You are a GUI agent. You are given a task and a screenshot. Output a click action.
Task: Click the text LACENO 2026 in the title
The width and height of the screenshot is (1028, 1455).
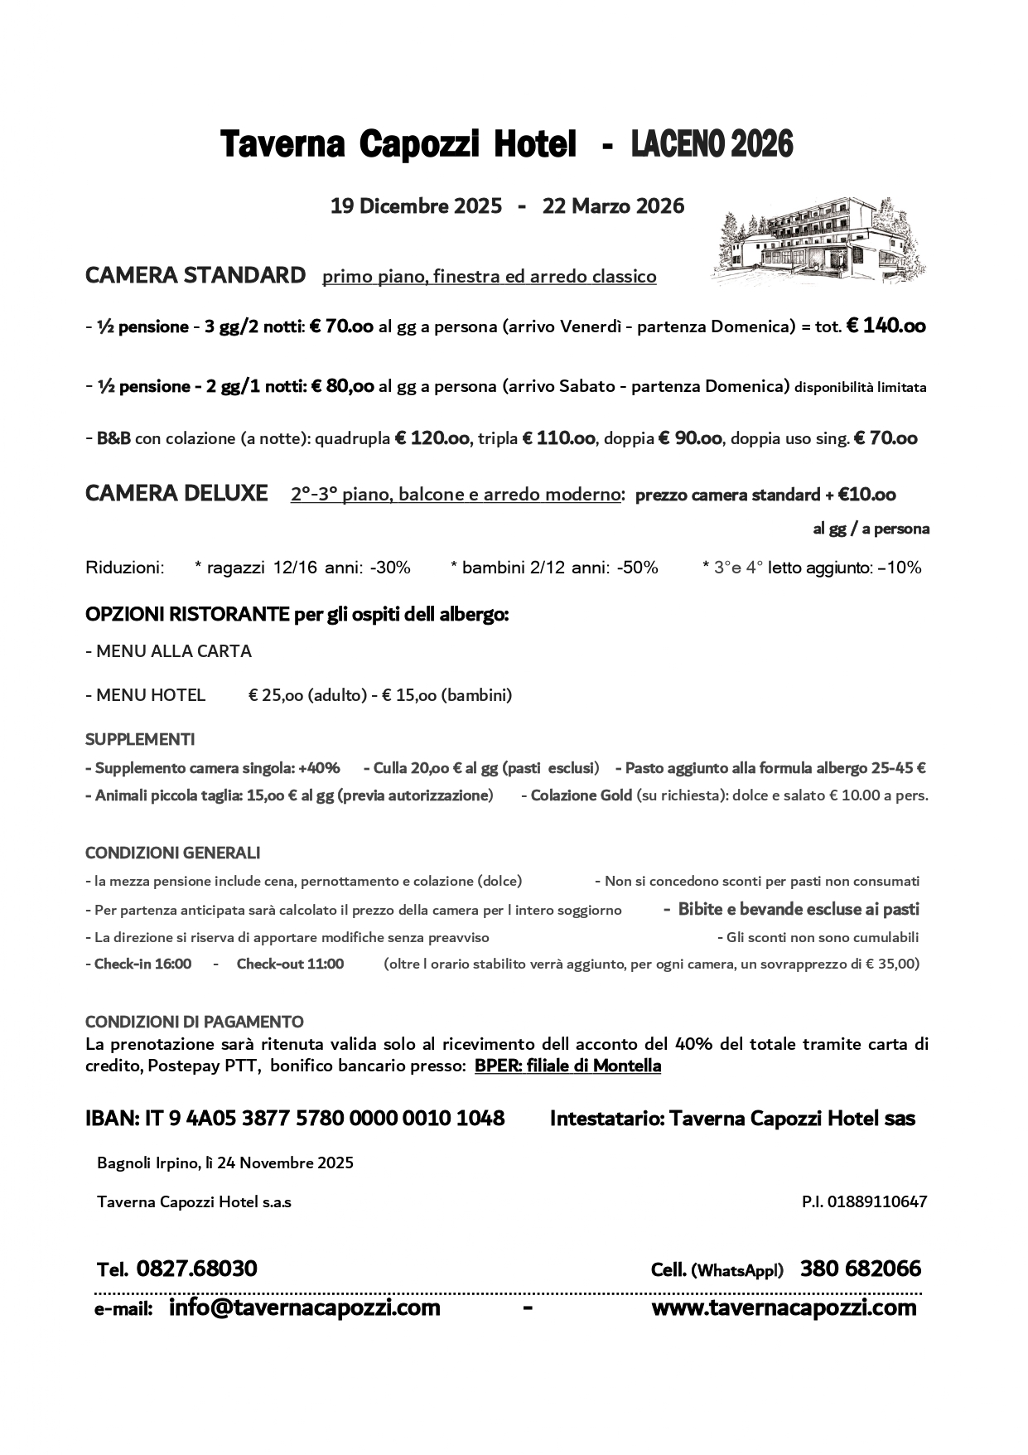click(x=712, y=144)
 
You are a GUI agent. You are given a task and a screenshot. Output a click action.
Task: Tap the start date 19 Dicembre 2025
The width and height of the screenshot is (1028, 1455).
click(x=416, y=205)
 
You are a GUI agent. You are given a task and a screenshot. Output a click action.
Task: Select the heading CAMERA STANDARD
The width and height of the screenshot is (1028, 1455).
click(x=195, y=275)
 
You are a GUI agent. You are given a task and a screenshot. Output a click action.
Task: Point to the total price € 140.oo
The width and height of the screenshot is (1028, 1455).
click(x=886, y=326)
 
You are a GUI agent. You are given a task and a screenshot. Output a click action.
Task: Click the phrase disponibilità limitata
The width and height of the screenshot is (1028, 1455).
click(x=861, y=387)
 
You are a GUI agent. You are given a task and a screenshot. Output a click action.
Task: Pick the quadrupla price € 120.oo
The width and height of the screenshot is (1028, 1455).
click(x=432, y=438)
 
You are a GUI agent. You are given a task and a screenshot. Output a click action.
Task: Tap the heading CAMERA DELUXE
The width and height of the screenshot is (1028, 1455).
click(x=176, y=494)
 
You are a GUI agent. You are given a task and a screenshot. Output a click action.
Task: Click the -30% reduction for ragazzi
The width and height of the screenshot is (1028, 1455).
click(x=389, y=568)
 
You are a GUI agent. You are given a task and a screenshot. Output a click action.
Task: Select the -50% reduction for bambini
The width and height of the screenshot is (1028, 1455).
click(x=637, y=568)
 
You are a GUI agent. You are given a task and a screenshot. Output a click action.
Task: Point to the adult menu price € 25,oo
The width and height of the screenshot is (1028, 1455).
click(x=277, y=695)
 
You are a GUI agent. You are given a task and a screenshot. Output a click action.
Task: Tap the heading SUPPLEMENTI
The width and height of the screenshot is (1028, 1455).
click(x=140, y=739)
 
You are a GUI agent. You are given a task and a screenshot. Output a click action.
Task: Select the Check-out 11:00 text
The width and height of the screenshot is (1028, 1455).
click(x=290, y=964)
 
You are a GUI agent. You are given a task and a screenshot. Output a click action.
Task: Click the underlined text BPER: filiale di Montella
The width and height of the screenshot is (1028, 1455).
click(x=567, y=1066)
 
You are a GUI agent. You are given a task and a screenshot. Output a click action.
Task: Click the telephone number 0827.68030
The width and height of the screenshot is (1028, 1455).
click(x=196, y=1269)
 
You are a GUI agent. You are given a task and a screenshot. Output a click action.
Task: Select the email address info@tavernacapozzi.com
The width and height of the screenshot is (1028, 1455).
click(x=304, y=1308)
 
